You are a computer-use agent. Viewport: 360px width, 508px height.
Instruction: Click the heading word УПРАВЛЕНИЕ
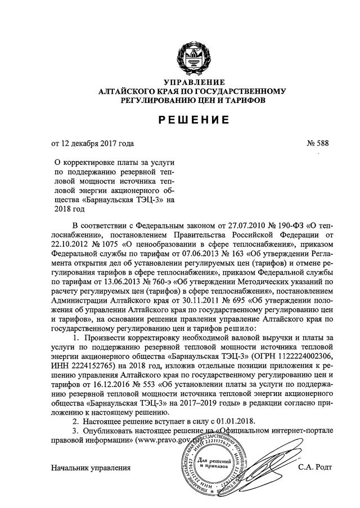pos(192,82)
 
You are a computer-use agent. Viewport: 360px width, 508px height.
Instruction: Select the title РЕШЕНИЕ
pos(192,120)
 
